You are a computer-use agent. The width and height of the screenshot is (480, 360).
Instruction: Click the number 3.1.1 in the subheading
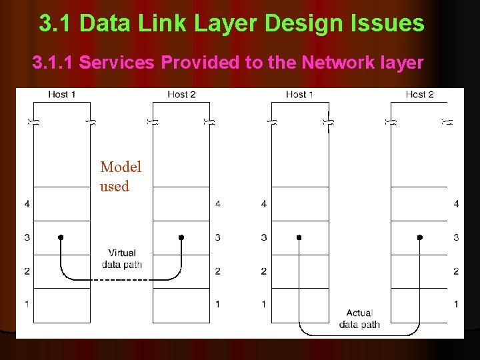coord(53,63)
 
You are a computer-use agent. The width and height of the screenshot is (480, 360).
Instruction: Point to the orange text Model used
coord(120,177)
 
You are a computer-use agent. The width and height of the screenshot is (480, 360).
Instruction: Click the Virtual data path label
coord(121,259)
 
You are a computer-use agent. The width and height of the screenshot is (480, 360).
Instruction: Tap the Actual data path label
coord(359,319)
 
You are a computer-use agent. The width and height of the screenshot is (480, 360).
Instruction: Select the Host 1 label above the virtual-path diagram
coord(61,94)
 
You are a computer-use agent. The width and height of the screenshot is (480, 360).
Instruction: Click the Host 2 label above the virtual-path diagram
coord(181,94)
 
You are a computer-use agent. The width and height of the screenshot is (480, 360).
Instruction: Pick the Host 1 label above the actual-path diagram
coord(299,94)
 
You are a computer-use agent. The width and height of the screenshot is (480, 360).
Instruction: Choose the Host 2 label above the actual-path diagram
coord(419,94)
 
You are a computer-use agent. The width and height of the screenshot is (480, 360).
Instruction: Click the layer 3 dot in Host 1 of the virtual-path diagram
coord(61,237)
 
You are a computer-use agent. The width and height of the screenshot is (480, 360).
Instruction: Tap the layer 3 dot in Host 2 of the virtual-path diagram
coord(181,237)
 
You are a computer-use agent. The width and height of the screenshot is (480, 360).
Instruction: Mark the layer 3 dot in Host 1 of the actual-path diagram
coord(299,237)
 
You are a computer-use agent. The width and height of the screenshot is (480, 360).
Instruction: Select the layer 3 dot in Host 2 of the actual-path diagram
coord(419,237)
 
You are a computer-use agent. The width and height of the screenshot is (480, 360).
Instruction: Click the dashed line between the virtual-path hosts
coord(121,279)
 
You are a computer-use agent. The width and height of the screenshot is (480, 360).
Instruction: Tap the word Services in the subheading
coord(115,63)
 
